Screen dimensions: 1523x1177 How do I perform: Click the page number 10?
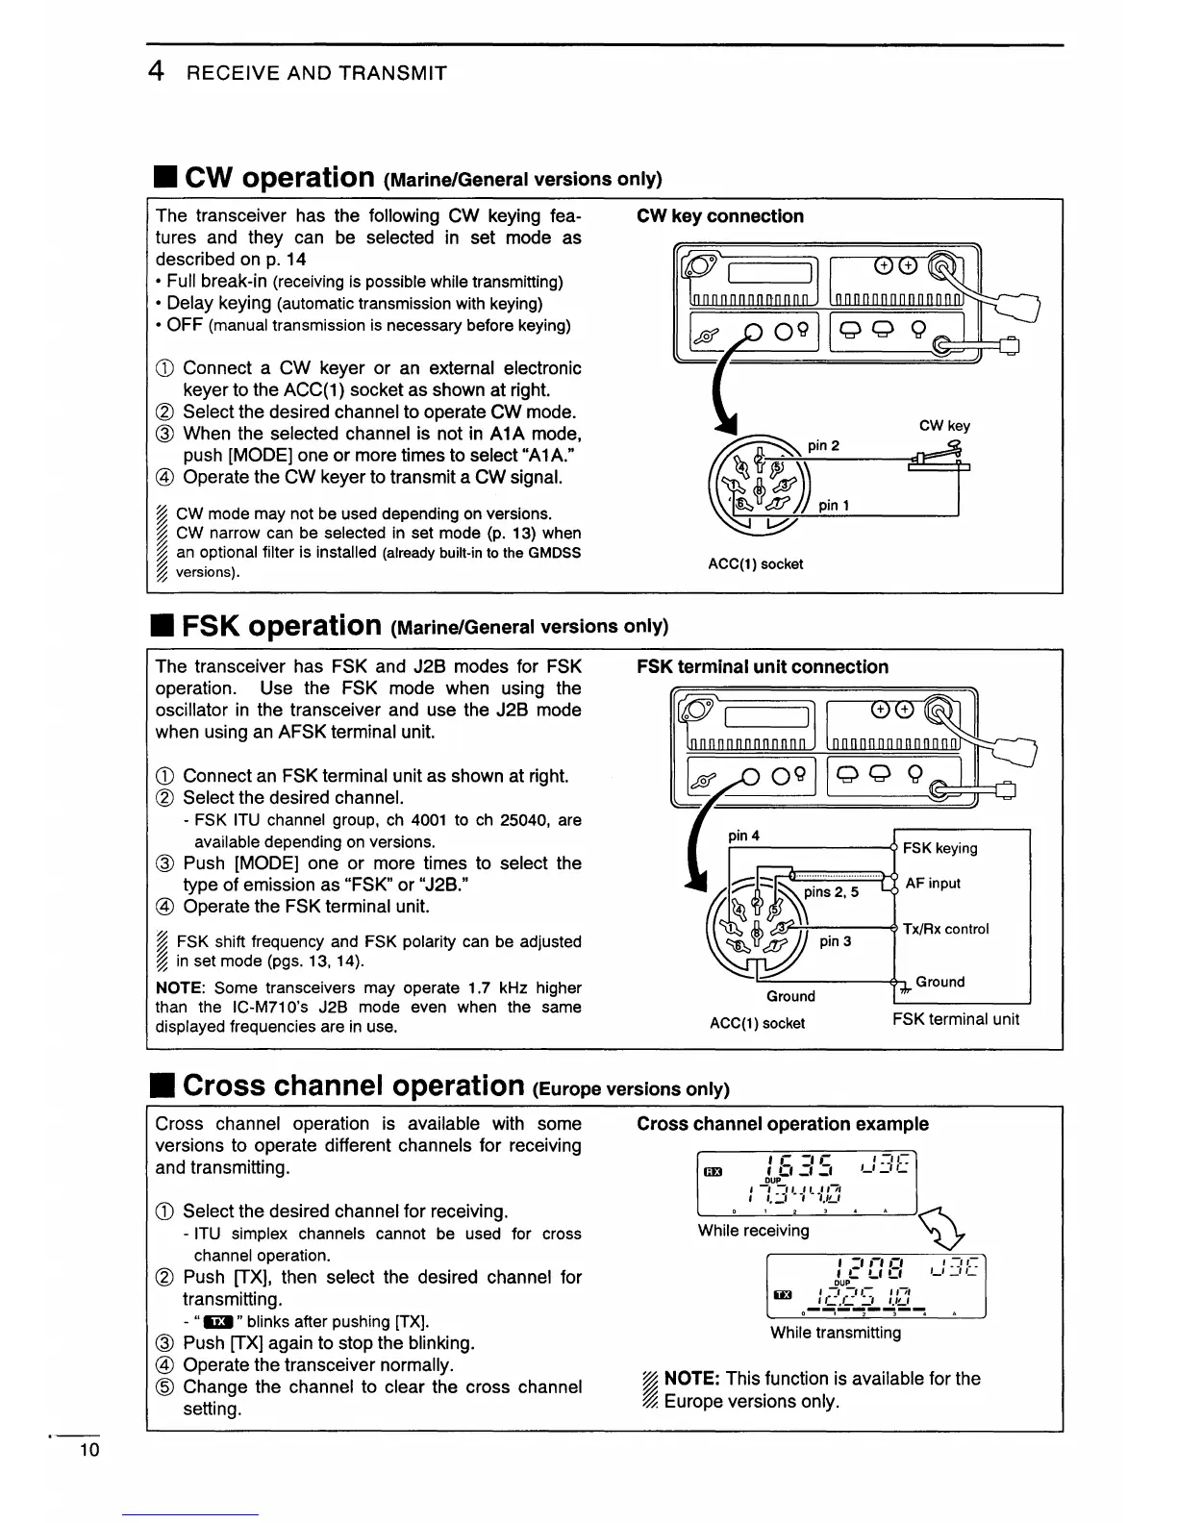tap(88, 1451)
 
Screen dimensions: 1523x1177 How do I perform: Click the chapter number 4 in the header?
tap(154, 72)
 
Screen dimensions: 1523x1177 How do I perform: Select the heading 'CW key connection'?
tap(719, 216)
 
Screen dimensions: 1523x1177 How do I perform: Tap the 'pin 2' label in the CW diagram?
tap(823, 445)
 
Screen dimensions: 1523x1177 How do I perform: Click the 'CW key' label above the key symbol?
tap(944, 425)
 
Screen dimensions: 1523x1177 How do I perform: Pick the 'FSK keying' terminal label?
tap(939, 848)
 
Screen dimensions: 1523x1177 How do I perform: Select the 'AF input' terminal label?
tap(933, 884)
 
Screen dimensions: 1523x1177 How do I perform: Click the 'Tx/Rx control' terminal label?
tap(945, 929)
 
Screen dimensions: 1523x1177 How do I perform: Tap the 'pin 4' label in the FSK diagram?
tap(743, 836)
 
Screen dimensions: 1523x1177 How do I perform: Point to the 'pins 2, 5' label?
tap(832, 891)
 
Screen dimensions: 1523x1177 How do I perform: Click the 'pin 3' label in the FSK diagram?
tap(835, 941)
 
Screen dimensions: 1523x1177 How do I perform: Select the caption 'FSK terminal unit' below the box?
tap(955, 1019)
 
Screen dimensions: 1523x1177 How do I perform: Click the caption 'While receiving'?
tap(753, 1231)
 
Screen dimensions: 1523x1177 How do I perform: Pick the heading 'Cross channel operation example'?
tap(782, 1124)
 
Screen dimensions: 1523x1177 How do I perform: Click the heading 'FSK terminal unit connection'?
tap(762, 667)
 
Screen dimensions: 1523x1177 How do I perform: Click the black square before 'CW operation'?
tap(163, 179)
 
